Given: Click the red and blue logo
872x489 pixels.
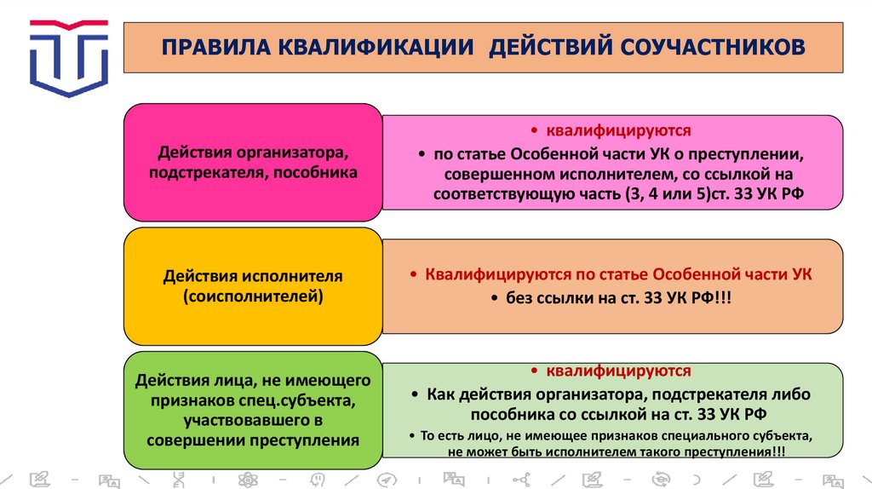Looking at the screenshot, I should [x=69, y=58].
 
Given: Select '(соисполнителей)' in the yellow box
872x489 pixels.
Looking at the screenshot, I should [x=253, y=296].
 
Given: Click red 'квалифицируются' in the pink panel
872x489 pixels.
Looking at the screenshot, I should [x=617, y=131].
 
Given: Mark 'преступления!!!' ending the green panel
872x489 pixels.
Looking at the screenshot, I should [x=735, y=452].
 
